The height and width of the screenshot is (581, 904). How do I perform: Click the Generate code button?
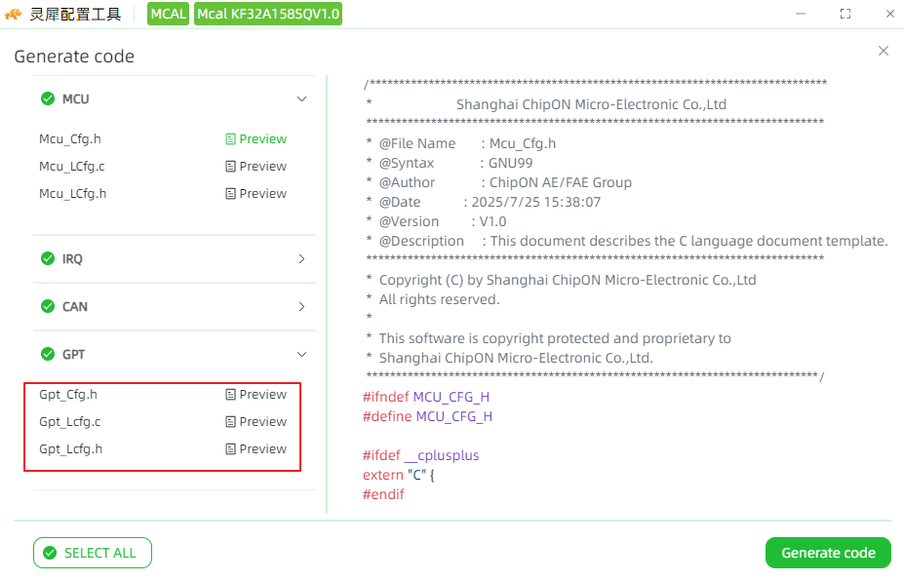click(x=828, y=553)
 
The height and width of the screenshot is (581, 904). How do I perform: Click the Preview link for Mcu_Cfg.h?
click(x=255, y=138)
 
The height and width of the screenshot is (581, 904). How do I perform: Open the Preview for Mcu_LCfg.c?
click(x=255, y=166)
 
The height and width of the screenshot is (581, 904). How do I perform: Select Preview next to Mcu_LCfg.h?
click(x=255, y=194)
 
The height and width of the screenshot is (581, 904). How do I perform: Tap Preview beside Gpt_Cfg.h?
click(x=255, y=394)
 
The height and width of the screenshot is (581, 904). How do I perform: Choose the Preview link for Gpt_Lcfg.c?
click(x=255, y=422)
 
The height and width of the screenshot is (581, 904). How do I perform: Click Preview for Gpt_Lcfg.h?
click(x=255, y=449)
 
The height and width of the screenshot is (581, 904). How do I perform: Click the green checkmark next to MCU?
click(x=48, y=98)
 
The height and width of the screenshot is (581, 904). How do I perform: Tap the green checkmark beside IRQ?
click(x=48, y=258)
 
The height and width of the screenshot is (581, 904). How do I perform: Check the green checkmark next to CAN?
click(x=48, y=306)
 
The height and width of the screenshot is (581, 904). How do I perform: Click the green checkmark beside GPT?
click(x=48, y=354)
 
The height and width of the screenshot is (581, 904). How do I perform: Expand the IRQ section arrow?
click(x=301, y=258)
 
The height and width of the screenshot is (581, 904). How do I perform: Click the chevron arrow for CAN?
click(x=301, y=307)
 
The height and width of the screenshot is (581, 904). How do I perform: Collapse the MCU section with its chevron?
click(x=301, y=99)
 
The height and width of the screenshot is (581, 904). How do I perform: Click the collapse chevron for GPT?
click(x=301, y=355)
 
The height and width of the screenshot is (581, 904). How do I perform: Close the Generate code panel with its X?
click(x=884, y=51)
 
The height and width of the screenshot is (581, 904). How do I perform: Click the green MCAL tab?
click(x=168, y=14)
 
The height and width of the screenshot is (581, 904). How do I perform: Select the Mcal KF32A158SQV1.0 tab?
click(x=268, y=14)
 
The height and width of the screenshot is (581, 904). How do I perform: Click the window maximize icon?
click(x=845, y=14)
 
